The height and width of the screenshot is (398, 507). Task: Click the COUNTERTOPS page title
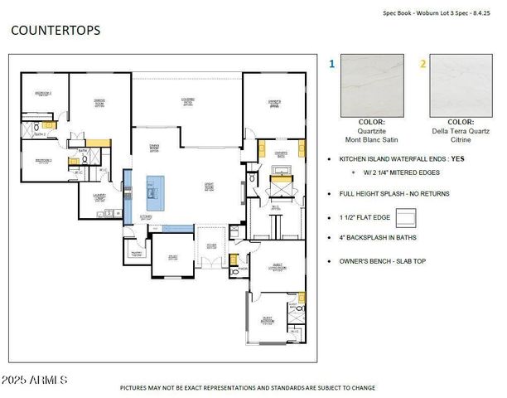(56, 31)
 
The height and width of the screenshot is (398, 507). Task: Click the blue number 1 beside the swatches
(332, 62)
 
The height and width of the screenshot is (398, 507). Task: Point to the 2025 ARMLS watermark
(34, 380)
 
